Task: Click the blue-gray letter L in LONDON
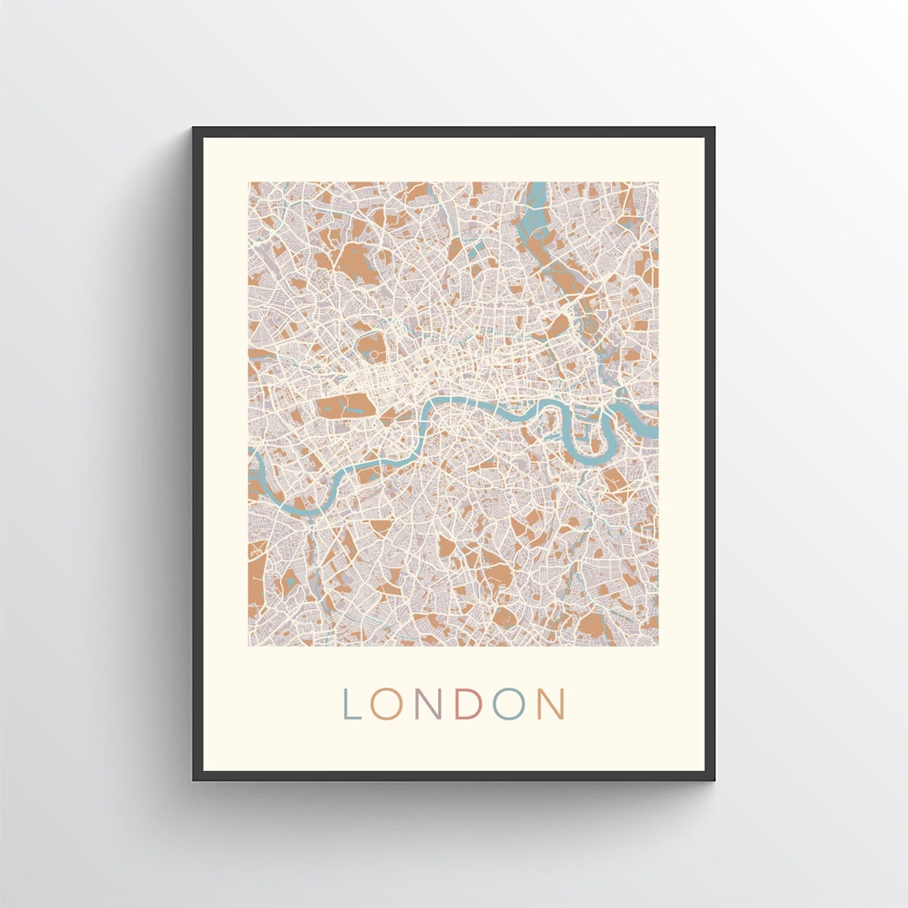click(x=351, y=705)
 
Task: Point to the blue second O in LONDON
click(x=509, y=705)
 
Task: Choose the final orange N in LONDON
click(x=552, y=705)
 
